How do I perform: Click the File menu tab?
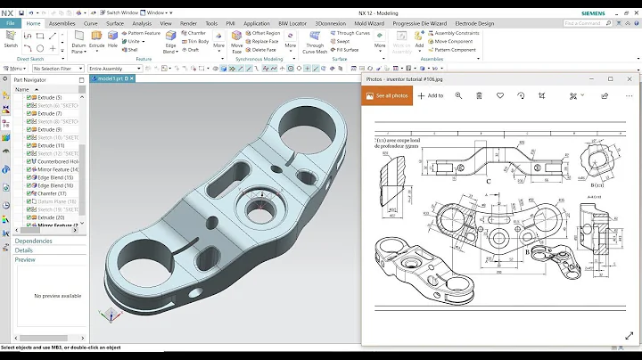tap(9, 24)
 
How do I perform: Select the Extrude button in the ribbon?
tap(96, 41)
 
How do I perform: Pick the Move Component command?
tap(456, 41)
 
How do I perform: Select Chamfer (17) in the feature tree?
tap(50, 192)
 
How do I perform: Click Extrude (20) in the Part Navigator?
tap(50, 217)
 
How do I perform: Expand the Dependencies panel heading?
tap(33, 241)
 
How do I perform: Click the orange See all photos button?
tap(387, 95)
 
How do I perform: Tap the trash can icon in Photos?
tap(479, 95)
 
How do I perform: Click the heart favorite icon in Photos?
tap(500, 95)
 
